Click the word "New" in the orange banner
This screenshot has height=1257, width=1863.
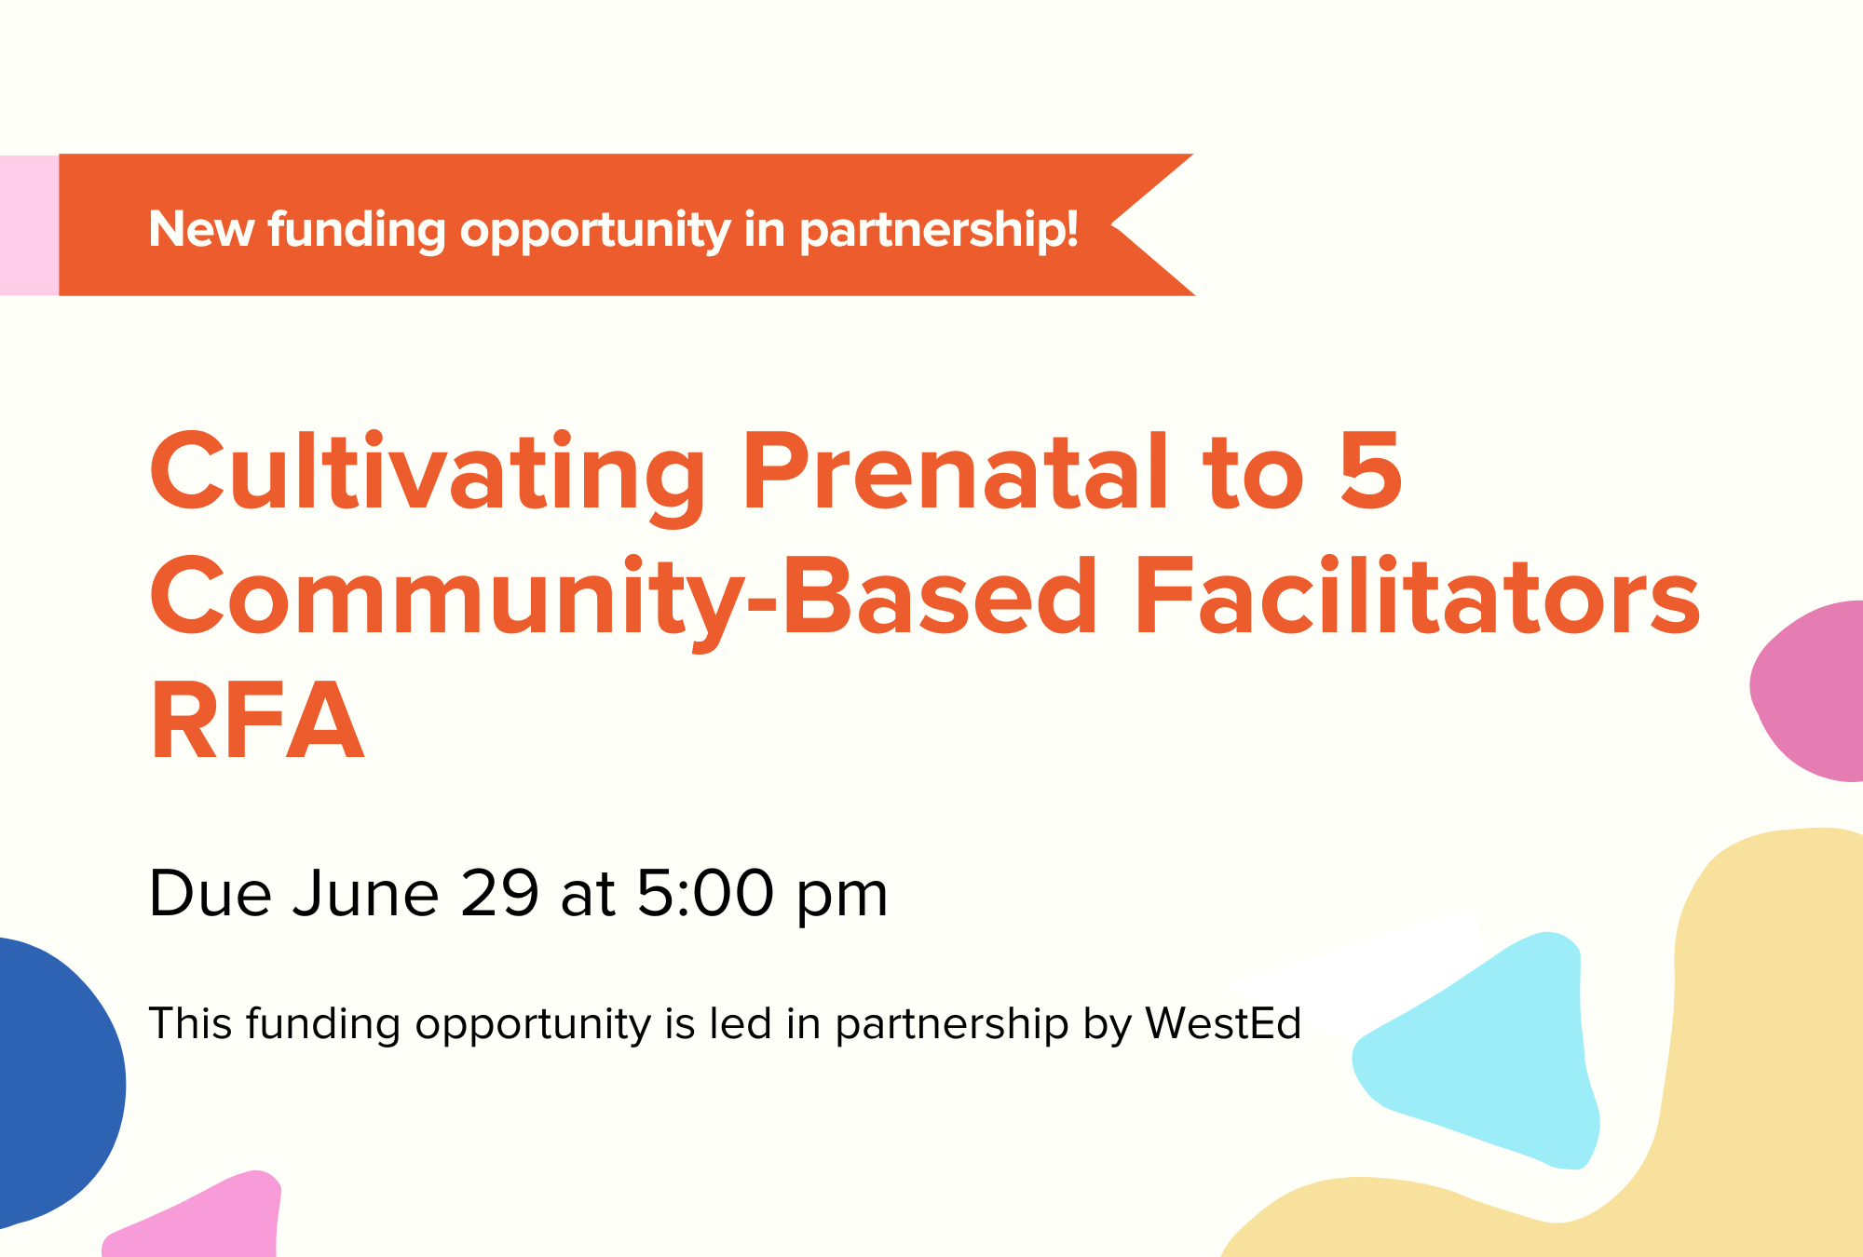pos(200,229)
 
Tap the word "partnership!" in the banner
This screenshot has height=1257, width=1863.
pos(939,231)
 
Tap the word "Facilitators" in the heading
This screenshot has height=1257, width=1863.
pos(1417,596)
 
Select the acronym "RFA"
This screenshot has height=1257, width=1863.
pos(257,720)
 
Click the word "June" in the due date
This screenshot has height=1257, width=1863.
pos(365,893)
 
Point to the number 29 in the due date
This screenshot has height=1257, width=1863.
pos(499,893)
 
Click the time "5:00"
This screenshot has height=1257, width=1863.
pos(705,893)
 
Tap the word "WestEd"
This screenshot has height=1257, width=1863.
pos(1223,1023)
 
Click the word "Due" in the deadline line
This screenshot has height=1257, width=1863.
pos(210,893)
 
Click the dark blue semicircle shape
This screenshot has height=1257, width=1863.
pos(51,1080)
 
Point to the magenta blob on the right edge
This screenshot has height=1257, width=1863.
pos(1812,689)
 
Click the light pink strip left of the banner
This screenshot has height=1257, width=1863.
pos(29,225)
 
